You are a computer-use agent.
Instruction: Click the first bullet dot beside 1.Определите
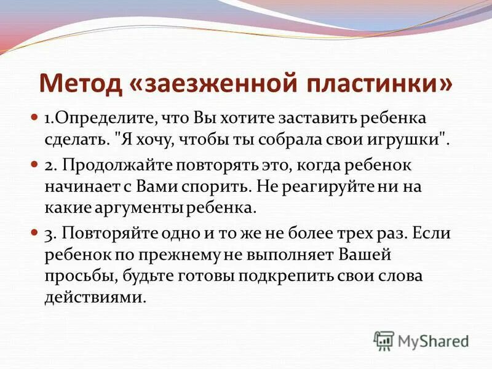pyautogui.click(x=34, y=116)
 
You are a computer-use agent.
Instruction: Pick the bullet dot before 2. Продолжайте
pyautogui.click(x=34, y=165)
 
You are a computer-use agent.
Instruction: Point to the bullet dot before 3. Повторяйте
pyautogui.click(x=34, y=233)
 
